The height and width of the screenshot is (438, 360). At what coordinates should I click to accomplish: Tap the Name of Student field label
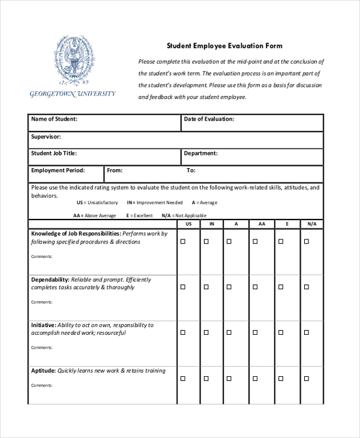pyautogui.click(x=54, y=119)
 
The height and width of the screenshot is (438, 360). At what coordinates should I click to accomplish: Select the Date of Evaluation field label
pyautogui.click(x=209, y=119)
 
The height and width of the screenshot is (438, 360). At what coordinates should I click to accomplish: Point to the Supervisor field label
pyautogui.click(x=46, y=137)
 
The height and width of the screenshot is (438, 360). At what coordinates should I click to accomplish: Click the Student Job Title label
pyautogui.click(x=54, y=154)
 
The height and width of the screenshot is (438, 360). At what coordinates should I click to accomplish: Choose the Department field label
pyautogui.click(x=200, y=154)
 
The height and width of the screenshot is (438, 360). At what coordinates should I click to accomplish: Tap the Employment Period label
pyautogui.click(x=58, y=170)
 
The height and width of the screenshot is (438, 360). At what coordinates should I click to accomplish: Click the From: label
pyautogui.click(x=115, y=170)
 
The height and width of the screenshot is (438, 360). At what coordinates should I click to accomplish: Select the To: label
pyautogui.click(x=191, y=170)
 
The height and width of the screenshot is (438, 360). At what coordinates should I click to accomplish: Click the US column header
pyautogui.click(x=188, y=224)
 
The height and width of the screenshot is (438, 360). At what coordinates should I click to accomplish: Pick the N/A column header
pyautogui.click(x=311, y=224)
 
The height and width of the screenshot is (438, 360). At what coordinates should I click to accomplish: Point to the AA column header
pyautogui.click(x=262, y=224)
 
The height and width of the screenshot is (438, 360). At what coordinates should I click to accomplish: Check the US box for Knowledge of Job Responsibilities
pyautogui.click(x=183, y=241)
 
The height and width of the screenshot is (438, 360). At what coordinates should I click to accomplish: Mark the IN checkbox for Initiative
pyautogui.click(x=206, y=333)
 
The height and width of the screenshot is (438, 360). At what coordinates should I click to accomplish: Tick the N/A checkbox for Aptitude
pyautogui.click(x=306, y=379)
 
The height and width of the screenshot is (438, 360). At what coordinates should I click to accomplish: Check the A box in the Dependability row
pyautogui.click(x=229, y=287)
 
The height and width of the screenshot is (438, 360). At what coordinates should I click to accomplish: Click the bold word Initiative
pyautogui.click(x=44, y=325)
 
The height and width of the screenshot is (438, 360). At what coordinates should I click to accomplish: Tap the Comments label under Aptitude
pyautogui.click(x=41, y=385)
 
